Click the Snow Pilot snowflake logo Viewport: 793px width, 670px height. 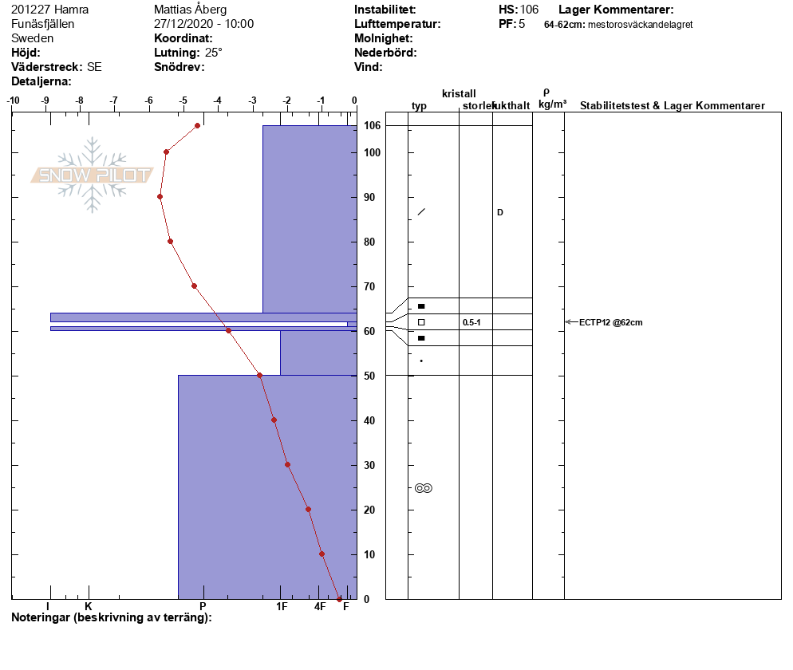[92, 175]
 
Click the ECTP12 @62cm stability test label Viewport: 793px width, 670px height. [610, 322]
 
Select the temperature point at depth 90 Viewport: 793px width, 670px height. [160, 197]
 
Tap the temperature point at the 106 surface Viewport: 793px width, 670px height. [197, 125]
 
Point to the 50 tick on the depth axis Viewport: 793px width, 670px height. [369, 376]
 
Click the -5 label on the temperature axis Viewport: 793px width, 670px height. [183, 100]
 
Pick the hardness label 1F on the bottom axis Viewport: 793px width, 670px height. [282, 606]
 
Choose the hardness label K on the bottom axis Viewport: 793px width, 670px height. [89, 606]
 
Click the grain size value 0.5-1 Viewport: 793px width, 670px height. [471, 322]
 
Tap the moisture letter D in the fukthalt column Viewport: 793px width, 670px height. [500, 212]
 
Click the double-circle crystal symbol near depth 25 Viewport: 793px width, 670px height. [424, 488]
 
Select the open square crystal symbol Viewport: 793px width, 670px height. [421, 322]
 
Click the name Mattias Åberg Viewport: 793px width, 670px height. [190, 10]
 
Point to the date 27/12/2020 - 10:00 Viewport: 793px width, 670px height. [203, 24]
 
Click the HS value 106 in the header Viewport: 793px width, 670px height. [529, 10]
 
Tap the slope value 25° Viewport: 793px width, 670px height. [214, 53]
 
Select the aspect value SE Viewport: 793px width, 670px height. [94, 67]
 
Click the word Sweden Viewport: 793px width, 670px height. [33, 38]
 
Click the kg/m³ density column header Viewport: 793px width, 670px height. [552, 104]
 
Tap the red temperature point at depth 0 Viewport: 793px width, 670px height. [339, 599]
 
